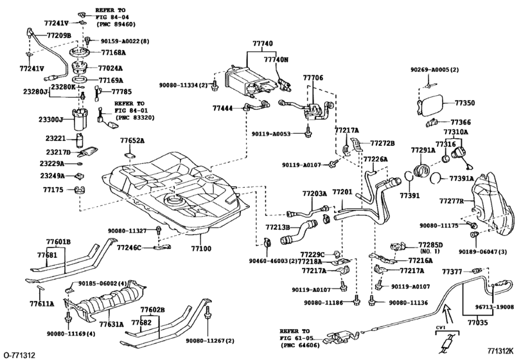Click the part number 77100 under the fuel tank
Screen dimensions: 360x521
point(200,247)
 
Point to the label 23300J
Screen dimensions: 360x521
point(50,120)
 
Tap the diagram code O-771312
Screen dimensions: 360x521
point(19,354)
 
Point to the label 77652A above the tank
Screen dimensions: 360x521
point(132,139)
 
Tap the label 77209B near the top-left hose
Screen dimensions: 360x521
point(57,35)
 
